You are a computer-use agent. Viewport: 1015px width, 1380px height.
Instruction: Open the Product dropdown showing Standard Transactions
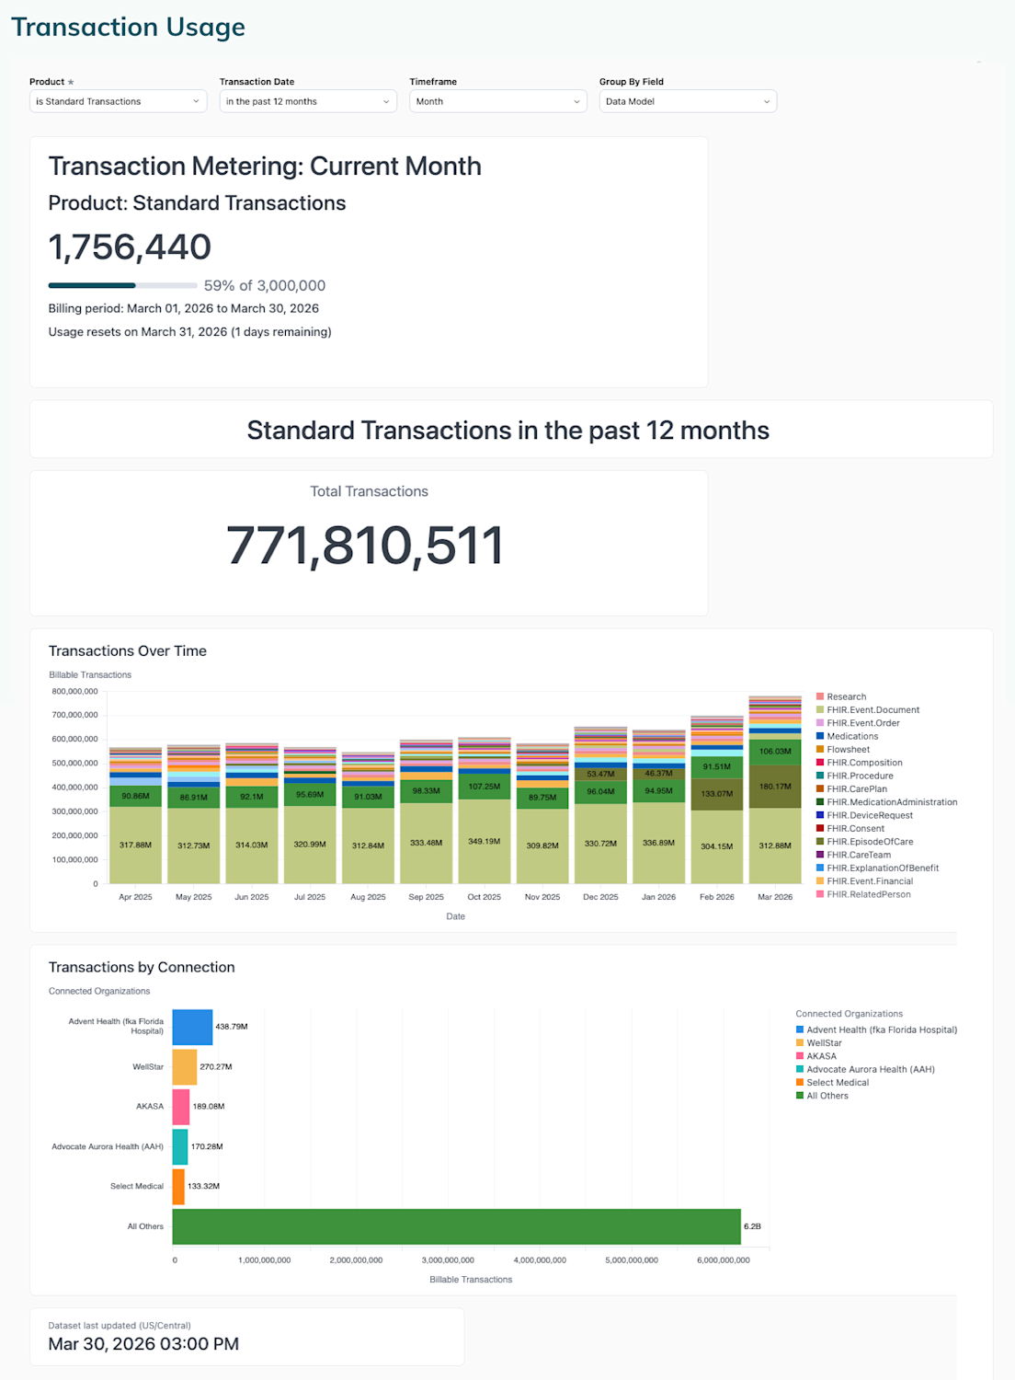pos(118,101)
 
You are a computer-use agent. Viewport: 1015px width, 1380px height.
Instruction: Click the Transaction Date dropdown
pos(308,101)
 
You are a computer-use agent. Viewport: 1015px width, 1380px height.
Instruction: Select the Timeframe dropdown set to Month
pos(497,101)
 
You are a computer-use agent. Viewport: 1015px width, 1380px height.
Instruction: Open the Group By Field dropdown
pos(688,101)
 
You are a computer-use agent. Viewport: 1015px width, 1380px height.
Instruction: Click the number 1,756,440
pos(130,247)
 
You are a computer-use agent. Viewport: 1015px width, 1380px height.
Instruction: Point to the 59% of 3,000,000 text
pos(265,286)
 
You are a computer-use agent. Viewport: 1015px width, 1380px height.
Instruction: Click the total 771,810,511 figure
pos(365,546)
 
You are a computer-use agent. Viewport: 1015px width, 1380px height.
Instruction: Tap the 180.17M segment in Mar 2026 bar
pos(775,787)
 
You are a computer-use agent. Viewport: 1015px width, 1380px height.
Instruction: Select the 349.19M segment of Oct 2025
pos(485,841)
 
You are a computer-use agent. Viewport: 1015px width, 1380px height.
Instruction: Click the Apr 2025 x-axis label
pos(136,897)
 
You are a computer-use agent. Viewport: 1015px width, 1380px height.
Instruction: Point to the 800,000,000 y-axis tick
pos(74,692)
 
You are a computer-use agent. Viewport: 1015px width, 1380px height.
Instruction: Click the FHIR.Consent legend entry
pos(855,829)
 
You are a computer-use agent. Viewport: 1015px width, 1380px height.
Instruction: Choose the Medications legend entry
pos(852,736)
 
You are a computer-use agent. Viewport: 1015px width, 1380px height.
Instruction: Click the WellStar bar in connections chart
pos(185,1067)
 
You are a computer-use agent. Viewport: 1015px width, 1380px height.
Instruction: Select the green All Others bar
pos(456,1226)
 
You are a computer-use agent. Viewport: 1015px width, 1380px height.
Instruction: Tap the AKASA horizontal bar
pos(181,1107)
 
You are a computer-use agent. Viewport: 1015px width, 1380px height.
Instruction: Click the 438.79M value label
pos(232,1027)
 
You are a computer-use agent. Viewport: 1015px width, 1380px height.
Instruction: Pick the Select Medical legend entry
pos(838,1083)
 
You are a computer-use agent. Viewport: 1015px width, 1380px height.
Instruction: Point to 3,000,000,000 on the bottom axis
pos(448,1260)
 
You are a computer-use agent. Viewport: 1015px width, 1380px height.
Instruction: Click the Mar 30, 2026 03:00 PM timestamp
pos(143,1344)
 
